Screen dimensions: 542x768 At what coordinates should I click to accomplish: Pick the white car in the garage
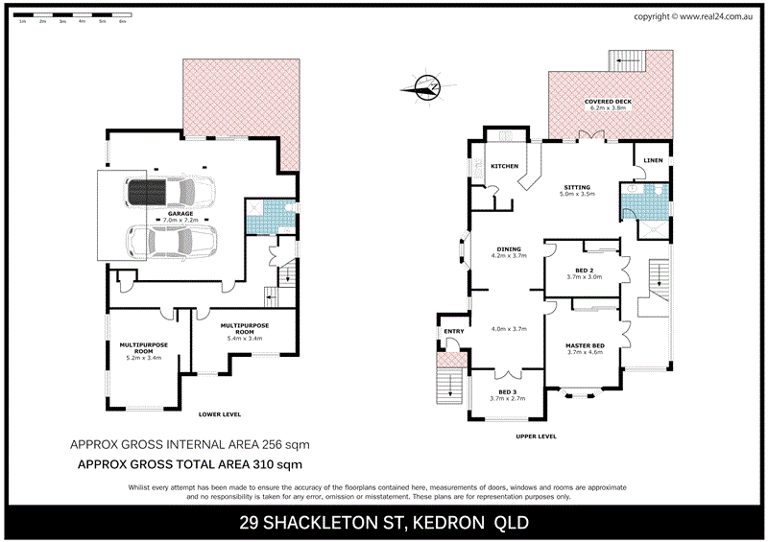pyautogui.click(x=173, y=243)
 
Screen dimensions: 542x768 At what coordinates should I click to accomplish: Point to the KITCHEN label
pyautogui.click(x=504, y=166)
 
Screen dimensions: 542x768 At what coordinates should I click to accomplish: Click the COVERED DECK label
pyautogui.click(x=607, y=101)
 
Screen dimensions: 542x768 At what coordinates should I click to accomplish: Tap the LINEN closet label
pyautogui.click(x=653, y=160)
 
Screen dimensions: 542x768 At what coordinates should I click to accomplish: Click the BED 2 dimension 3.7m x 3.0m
pyautogui.click(x=582, y=277)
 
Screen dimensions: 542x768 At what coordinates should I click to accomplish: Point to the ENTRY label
pyautogui.click(x=453, y=332)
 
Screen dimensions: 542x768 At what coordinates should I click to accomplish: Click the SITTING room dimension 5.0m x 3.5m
pyautogui.click(x=577, y=195)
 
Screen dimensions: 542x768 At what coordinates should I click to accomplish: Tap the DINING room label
pyautogui.click(x=509, y=248)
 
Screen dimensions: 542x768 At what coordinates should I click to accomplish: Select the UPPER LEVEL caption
pyautogui.click(x=536, y=436)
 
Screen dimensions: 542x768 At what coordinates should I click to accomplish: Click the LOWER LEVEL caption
pyautogui.click(x=219, y=414)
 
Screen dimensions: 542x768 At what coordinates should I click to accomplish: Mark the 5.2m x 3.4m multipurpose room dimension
pyautogui.click(x=143, y=358)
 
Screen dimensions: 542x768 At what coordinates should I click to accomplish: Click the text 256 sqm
pyautogui.click(x=283, y=445)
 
